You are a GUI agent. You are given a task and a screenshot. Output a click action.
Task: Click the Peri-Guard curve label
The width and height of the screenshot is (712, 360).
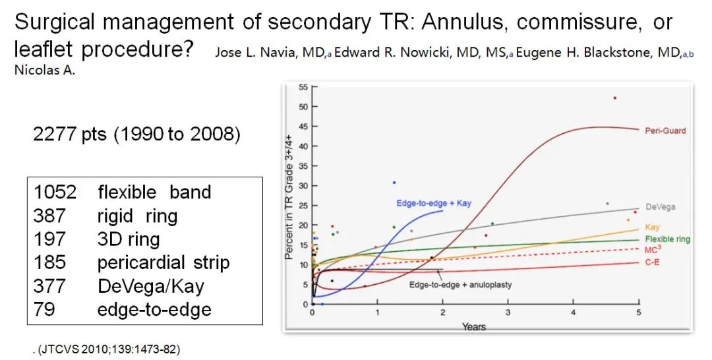665,131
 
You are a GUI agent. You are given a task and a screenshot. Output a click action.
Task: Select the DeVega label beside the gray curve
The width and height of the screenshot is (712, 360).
660,207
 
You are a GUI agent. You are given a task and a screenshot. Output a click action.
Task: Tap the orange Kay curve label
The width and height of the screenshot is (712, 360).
651,227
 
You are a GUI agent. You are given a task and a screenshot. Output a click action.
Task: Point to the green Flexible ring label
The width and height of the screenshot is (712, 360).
667,239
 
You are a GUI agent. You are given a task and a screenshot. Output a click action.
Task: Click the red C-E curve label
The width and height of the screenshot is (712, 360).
652,262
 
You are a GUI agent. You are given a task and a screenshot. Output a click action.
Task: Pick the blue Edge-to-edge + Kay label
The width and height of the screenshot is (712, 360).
434,203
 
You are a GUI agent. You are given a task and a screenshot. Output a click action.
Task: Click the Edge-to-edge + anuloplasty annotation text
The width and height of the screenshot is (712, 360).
460,285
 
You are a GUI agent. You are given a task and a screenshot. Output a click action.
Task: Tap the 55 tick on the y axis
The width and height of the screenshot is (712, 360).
303,87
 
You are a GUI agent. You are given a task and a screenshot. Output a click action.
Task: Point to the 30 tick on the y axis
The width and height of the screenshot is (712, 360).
303,186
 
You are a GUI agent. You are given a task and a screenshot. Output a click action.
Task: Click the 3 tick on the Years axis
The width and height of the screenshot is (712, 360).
508,313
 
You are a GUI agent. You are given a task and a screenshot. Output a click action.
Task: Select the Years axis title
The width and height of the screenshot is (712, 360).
473,326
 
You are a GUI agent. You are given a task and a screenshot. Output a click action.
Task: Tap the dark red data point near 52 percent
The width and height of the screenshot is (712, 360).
614,98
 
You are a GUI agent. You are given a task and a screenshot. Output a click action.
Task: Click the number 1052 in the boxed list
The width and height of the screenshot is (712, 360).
55,193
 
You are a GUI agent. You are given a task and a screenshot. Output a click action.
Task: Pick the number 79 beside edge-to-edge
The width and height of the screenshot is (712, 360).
44,310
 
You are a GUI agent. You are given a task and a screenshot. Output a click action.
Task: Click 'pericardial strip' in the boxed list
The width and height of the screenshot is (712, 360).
163,262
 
